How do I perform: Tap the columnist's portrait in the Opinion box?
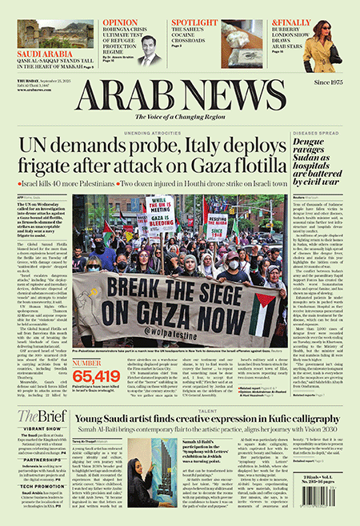[148, 53]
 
